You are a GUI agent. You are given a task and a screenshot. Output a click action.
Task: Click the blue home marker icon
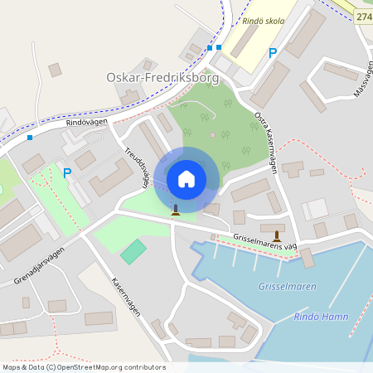pos(186,178)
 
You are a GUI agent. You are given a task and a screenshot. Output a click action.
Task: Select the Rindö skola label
pos(263,22)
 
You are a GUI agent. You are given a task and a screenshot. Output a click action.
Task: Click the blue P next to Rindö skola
pos(272,53)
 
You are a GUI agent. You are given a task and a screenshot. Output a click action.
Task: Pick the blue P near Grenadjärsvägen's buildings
pos(67,173)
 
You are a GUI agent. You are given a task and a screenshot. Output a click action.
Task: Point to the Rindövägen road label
pos(86,123)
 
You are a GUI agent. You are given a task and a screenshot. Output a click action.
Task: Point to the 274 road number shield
pos(363,17)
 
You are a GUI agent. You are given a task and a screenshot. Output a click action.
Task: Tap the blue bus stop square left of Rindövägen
pos(30,137)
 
